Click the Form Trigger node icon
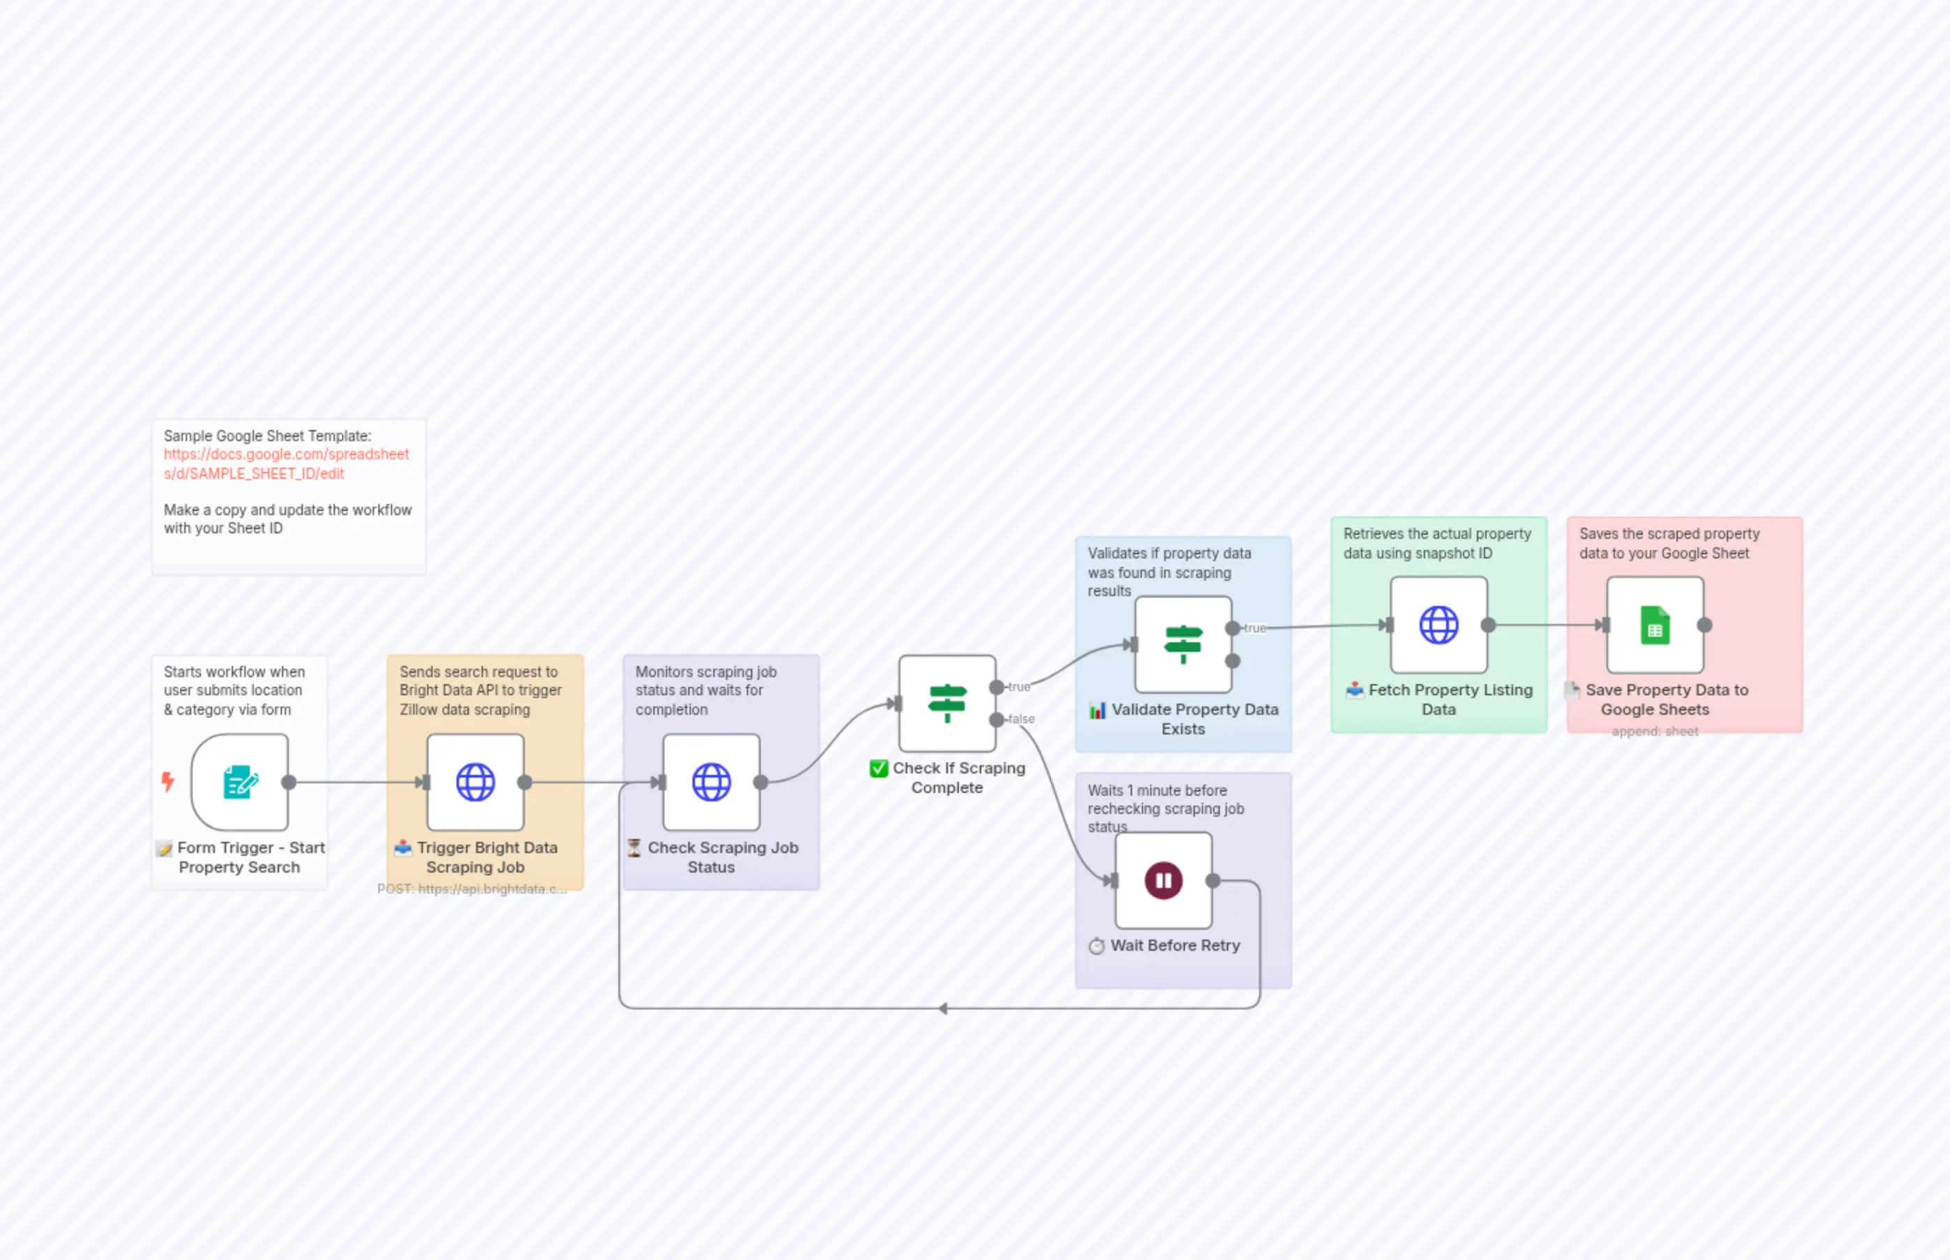pos(239,783)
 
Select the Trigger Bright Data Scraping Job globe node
pos(475,783)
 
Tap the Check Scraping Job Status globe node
pos(710,783)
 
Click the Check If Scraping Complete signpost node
pos(947,704)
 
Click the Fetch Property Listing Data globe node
pos(1439,625)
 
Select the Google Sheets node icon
pos(1655,625)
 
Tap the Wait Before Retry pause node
pos(1163,880)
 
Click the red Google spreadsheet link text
pos(285,463)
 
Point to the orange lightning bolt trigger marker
pos(168,783)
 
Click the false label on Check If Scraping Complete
pos(1022,719)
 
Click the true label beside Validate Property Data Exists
pos(1255,628)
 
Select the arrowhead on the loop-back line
pos(943,1009)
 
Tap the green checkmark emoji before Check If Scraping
pos(879,769)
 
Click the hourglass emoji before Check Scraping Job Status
pos(634,847)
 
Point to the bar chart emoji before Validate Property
pos(1098,710)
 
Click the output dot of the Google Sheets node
pos(1704,625)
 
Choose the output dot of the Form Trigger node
pos(289,783)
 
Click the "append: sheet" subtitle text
pos(1655,732)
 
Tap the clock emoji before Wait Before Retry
pos(1096,947)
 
